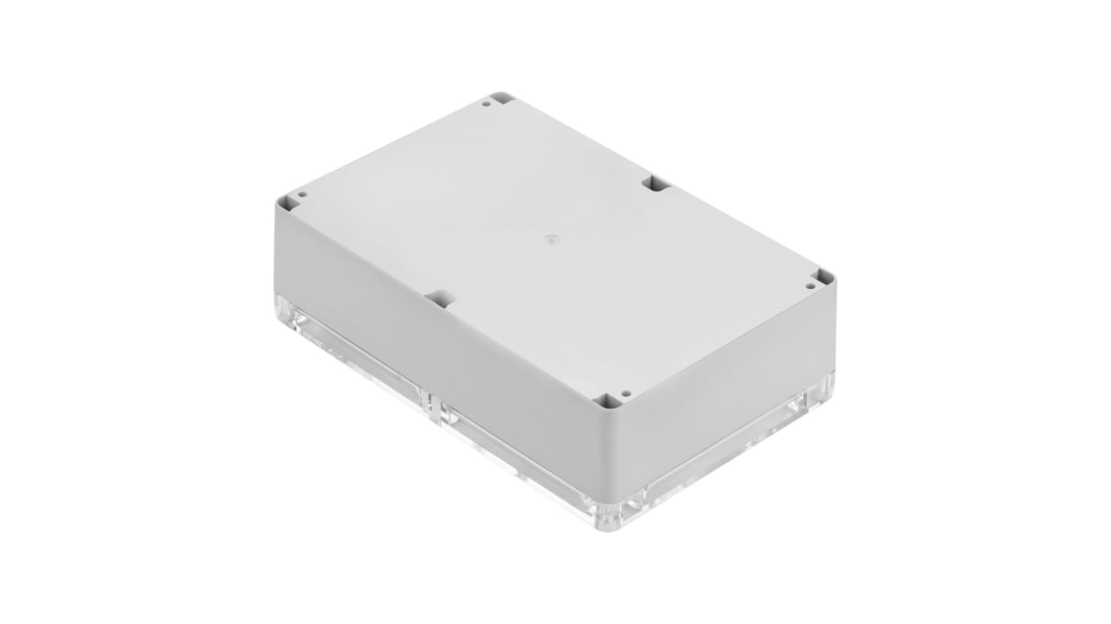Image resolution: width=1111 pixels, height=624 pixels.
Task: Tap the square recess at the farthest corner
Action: point(502,99)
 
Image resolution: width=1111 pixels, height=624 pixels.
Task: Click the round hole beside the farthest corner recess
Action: point(486,103)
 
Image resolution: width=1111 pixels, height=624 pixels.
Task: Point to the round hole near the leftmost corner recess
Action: point(301,194)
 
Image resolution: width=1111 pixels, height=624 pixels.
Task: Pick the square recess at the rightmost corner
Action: point(823,277)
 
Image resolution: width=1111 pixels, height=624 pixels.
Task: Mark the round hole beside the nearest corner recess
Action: point(625,393)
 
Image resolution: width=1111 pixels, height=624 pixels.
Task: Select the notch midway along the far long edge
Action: point(656,184)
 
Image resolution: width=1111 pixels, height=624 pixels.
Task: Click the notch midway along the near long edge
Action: point(440,298)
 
